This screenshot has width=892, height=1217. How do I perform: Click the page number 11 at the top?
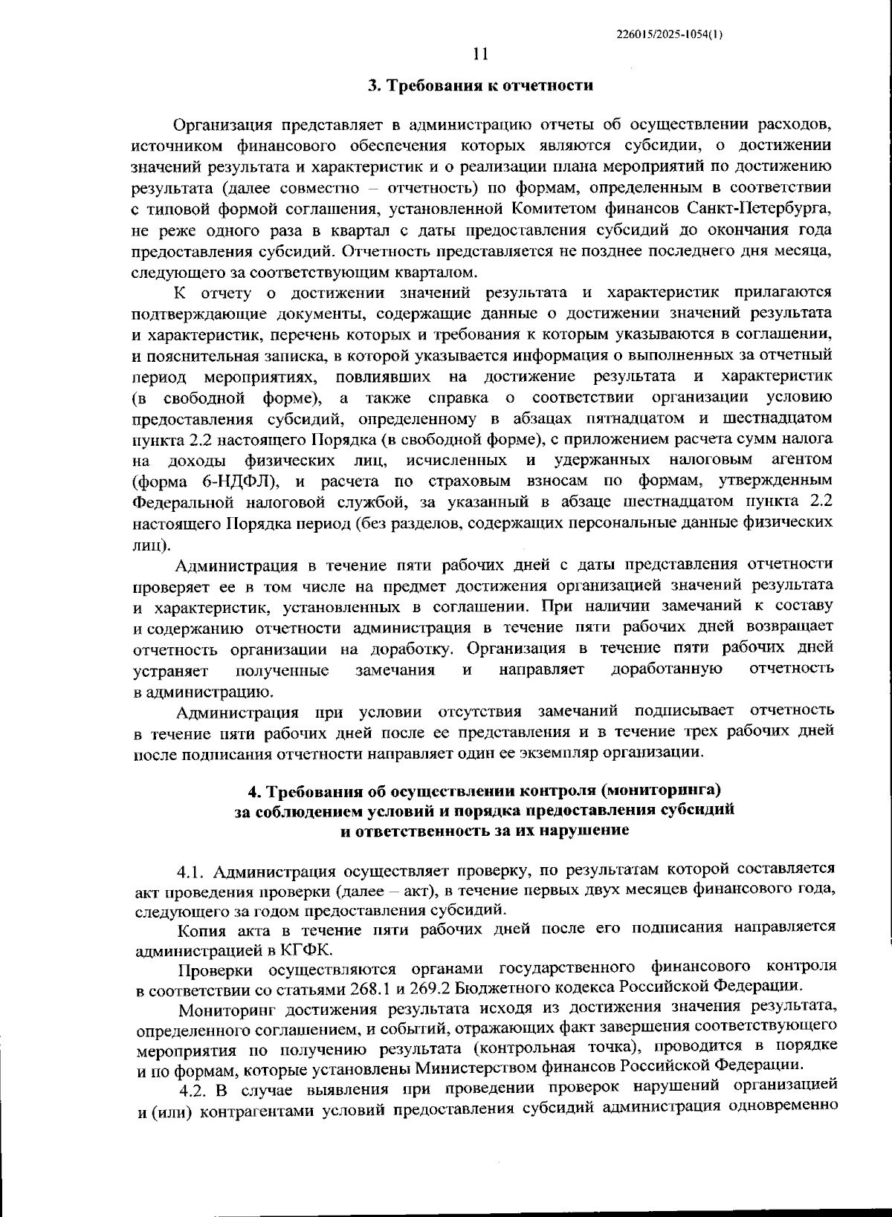[x=480, y=53]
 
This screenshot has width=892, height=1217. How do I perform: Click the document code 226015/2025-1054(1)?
[x=668, y=34]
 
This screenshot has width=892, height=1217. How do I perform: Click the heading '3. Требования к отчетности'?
[x=482, y=85]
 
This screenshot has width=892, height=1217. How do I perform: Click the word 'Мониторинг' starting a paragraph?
[x=227, y=1008]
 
